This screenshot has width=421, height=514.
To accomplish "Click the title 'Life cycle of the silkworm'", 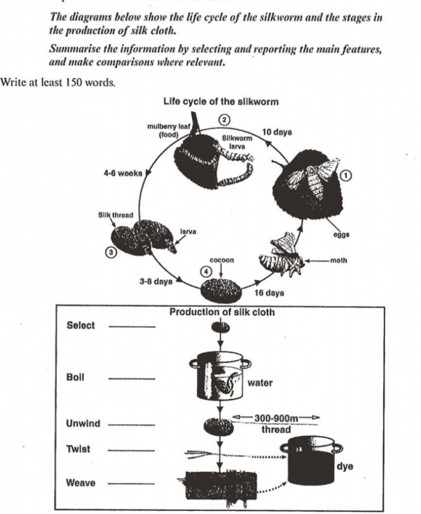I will (x=220, y=101).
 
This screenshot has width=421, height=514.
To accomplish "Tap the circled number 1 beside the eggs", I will (x=347, y=176).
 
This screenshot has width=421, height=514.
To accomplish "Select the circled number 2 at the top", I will (x=226, y=118).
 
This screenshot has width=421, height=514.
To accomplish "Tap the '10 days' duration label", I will (x=277, y=132).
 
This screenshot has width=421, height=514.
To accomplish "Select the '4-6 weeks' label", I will (x=123, y=173).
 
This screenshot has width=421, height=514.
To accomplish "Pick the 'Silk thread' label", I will (x=115, y=215).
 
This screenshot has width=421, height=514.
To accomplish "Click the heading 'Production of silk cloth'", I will (x=222, y=312).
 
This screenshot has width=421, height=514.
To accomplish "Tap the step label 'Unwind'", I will (x=82, y=424).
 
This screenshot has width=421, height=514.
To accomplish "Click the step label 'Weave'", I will (x=80, y=482).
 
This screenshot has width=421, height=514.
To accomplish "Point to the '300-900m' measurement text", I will (x=277, y=418).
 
